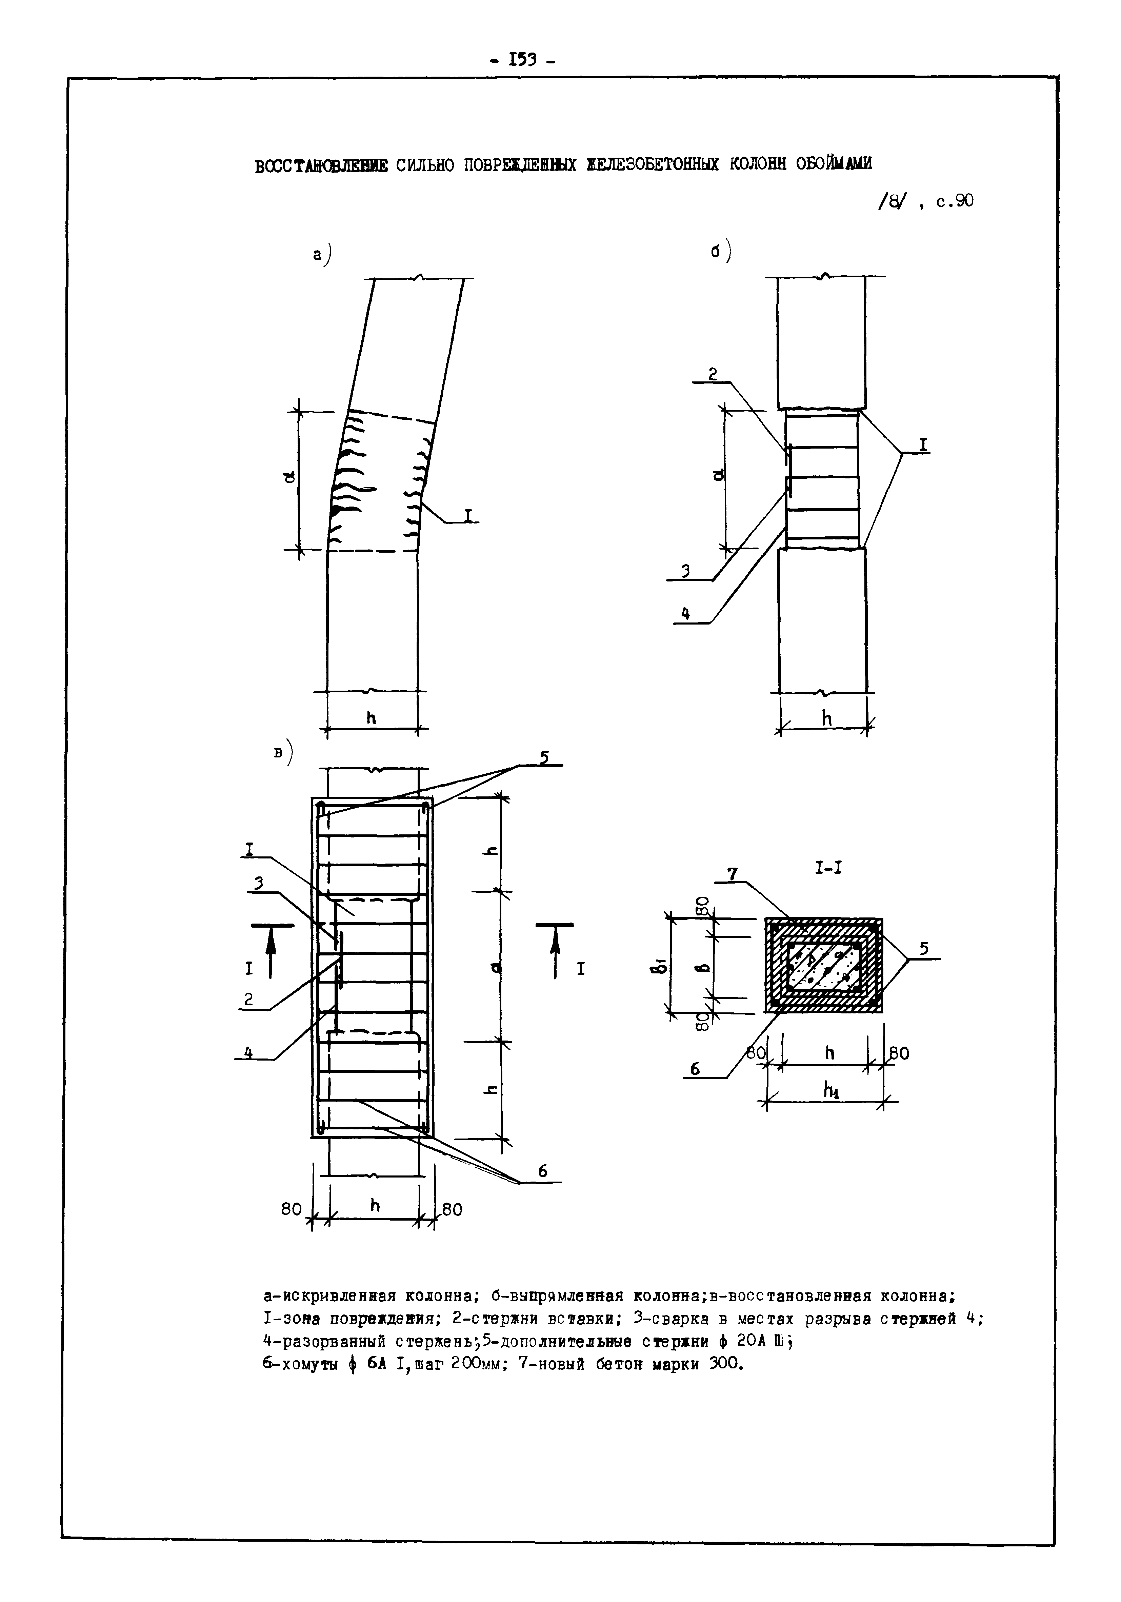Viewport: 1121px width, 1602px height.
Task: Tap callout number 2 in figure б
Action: (x=712, y=374)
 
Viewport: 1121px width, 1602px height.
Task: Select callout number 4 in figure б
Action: (x=685, y=614)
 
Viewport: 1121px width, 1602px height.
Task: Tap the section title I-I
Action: (x=828, y=868)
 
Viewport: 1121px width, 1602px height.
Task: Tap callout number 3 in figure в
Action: (x=258, y=884)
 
